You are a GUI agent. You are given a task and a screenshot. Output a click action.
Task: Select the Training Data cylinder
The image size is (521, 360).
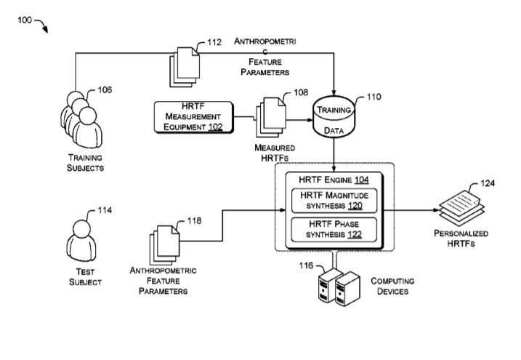[334, 119]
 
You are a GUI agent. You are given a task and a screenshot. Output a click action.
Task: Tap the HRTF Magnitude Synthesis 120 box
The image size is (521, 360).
[334, 201]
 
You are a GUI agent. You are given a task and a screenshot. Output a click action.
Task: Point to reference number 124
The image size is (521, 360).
[488, 183]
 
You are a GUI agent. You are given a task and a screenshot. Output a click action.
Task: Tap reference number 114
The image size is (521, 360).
[105, 211]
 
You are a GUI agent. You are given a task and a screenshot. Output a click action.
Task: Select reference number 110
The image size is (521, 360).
[373, 96]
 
